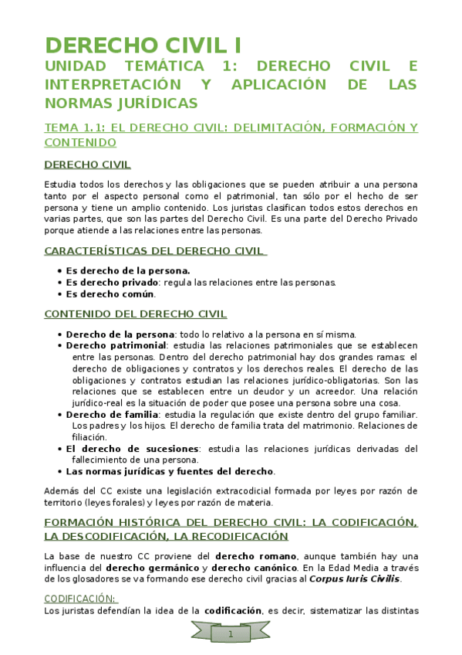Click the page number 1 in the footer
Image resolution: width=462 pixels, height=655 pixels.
(x=230, y=634)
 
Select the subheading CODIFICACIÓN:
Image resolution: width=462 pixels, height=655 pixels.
(x=80, y=598)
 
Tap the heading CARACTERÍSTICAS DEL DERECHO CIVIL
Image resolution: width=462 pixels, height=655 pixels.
(x=155, y=251)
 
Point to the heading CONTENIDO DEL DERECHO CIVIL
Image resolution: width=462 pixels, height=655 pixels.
(x=136, y=314)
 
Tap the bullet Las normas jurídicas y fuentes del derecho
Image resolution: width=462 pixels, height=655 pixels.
(x=169, y=471)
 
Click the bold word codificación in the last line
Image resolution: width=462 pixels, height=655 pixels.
(x=233, y=611)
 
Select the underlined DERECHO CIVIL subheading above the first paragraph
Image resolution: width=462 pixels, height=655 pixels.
(x=87, y=165)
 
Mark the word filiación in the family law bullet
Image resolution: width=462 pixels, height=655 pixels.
(x=93, y=436)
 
